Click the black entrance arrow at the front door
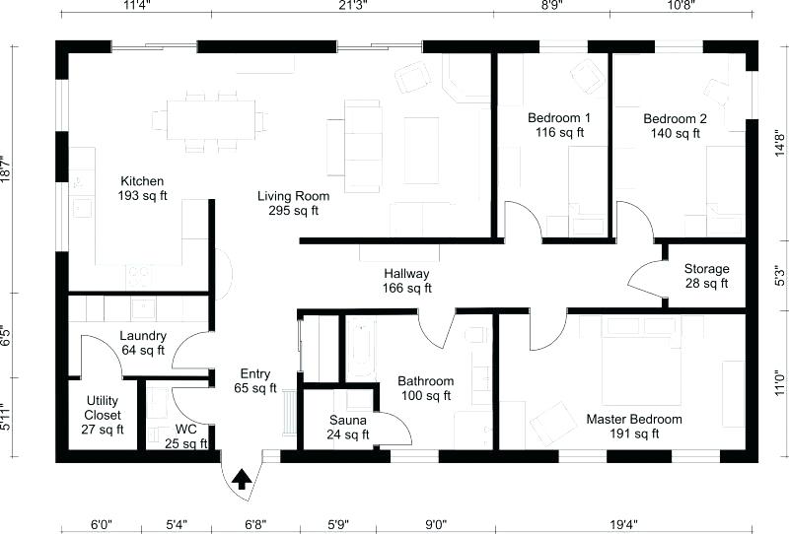pos(241,479)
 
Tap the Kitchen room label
pos(143,189)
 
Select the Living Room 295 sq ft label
pos(294,203)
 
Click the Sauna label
pos(349,427)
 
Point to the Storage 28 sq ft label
pos(706,276)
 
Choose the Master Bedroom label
pos(634,427)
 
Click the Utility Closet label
pos(104,415)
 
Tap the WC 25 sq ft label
pos(186,436)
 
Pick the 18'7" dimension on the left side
pos(8,168)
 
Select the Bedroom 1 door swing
pos(521,219)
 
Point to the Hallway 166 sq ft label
pos(407,281)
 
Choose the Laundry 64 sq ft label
pos(143,343)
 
